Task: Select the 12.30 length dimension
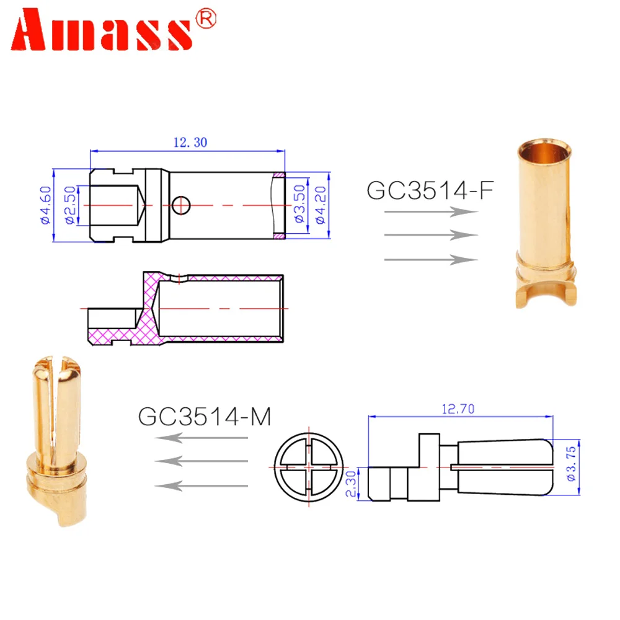(190, 142)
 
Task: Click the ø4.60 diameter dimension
(45, 205)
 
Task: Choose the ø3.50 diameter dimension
(299, 205)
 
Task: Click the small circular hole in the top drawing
(181, 204)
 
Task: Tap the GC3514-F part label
(430, 190)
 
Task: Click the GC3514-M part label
(205, 416)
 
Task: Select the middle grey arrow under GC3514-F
(431, 235)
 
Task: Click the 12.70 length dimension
(458, 409)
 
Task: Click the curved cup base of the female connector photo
(546, 291)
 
